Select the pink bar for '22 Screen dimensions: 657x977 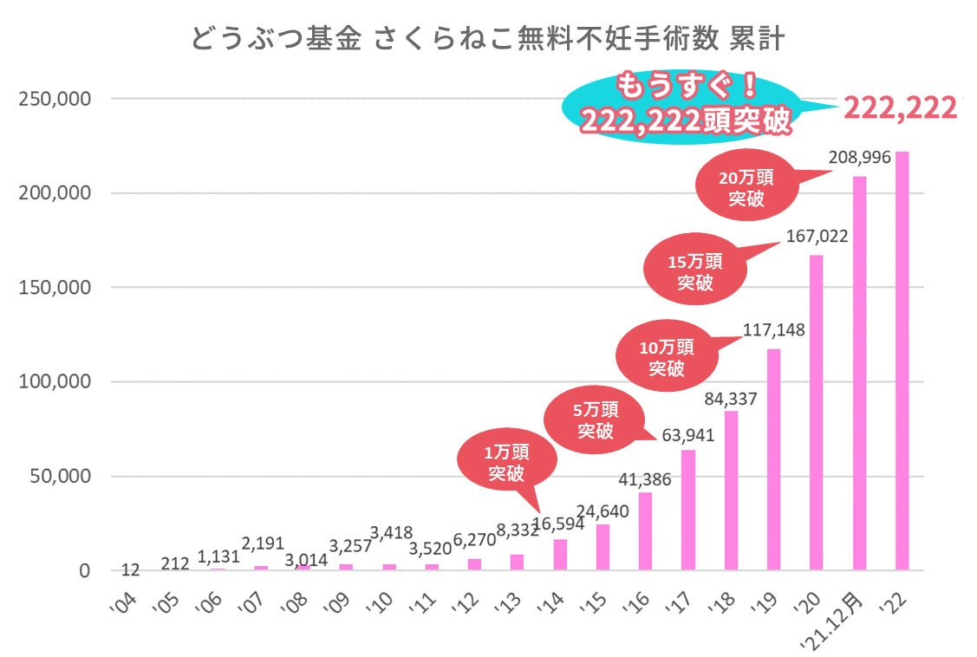point(902,361)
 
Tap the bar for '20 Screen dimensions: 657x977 point(816,413)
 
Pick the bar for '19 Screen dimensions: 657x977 point(773,459)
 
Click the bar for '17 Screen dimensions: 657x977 point(688,510)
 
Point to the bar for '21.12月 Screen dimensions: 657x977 point(859,373)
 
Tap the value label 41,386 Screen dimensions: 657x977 point(645,478)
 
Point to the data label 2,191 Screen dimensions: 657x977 point(262,543)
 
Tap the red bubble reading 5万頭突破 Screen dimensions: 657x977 point(596,420)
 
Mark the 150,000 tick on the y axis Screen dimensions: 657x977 point(54,287)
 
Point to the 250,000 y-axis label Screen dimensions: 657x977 point(54,98)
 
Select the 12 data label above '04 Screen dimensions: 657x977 point(130,569)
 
